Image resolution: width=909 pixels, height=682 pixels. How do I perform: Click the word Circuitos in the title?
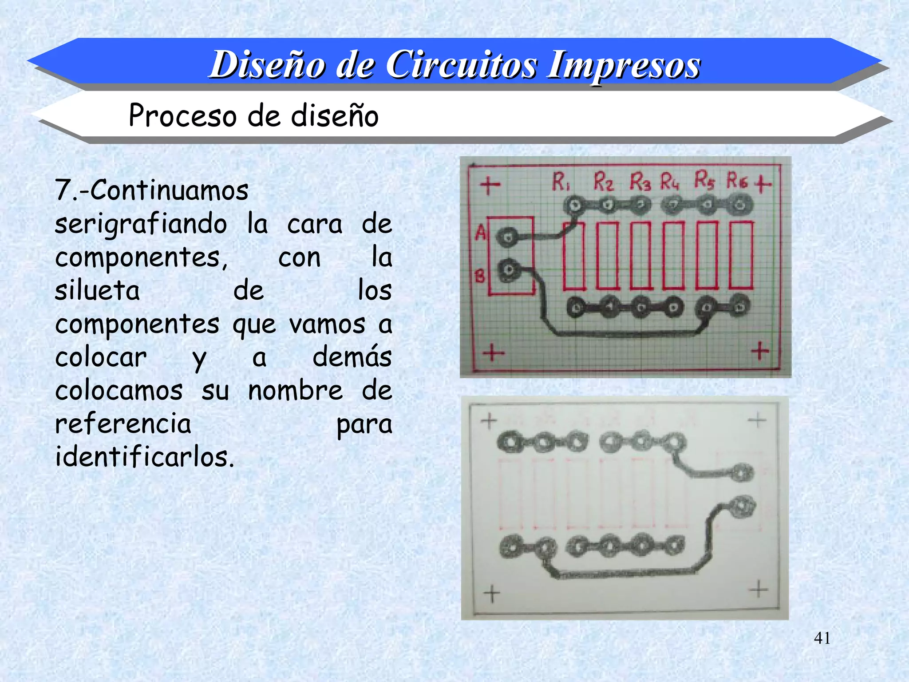(461, 65)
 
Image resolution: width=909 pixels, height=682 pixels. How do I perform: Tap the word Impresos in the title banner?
(623, 66)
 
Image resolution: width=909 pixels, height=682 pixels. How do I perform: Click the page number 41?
(822, 638)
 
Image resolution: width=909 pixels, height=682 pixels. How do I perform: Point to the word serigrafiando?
(141, 224)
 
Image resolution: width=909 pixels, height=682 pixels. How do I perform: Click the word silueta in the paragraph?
(97, 291)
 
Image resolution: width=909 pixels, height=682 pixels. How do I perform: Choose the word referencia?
(123, 424)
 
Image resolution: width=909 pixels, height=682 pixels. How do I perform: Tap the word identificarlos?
(144, 457)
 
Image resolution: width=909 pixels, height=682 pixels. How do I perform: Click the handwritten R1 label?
(561, 182)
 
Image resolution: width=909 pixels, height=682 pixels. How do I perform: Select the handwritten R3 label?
(640, 182)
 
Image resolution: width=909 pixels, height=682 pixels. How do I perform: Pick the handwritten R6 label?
(737, 181)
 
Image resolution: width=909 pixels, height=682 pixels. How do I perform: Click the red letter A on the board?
(481, 232)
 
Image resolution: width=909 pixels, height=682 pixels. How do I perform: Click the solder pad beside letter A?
(507, 237)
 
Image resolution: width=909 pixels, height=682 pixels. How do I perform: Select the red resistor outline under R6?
(741, 256)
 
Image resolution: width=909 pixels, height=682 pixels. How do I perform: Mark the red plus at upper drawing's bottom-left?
(493, 353)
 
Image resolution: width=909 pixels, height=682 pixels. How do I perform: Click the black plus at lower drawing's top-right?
(757, 420)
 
